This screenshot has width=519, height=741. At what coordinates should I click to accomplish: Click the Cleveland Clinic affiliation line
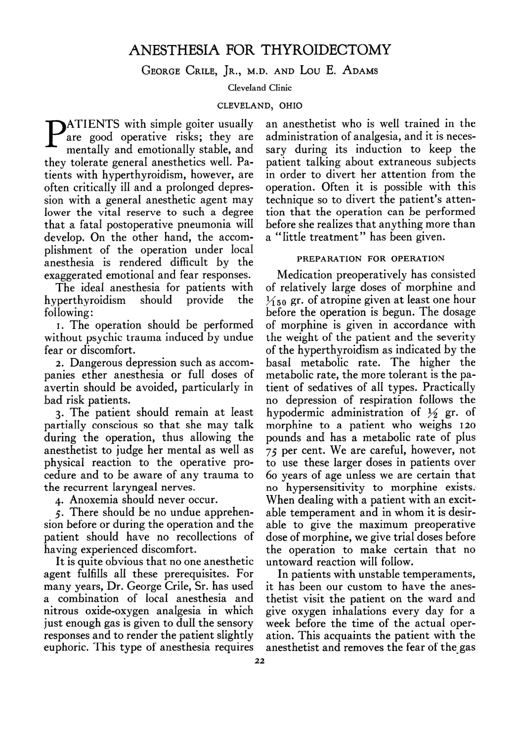259,88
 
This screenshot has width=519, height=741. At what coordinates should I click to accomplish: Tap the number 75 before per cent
273,451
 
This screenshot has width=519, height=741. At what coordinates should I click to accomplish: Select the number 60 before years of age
273,475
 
